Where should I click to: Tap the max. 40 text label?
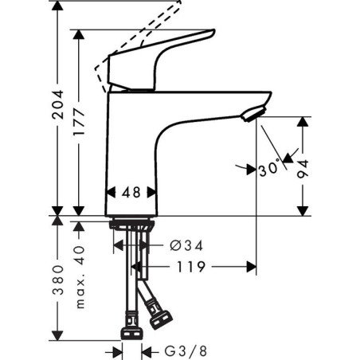pyautogui.click(x=79, y=277)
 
